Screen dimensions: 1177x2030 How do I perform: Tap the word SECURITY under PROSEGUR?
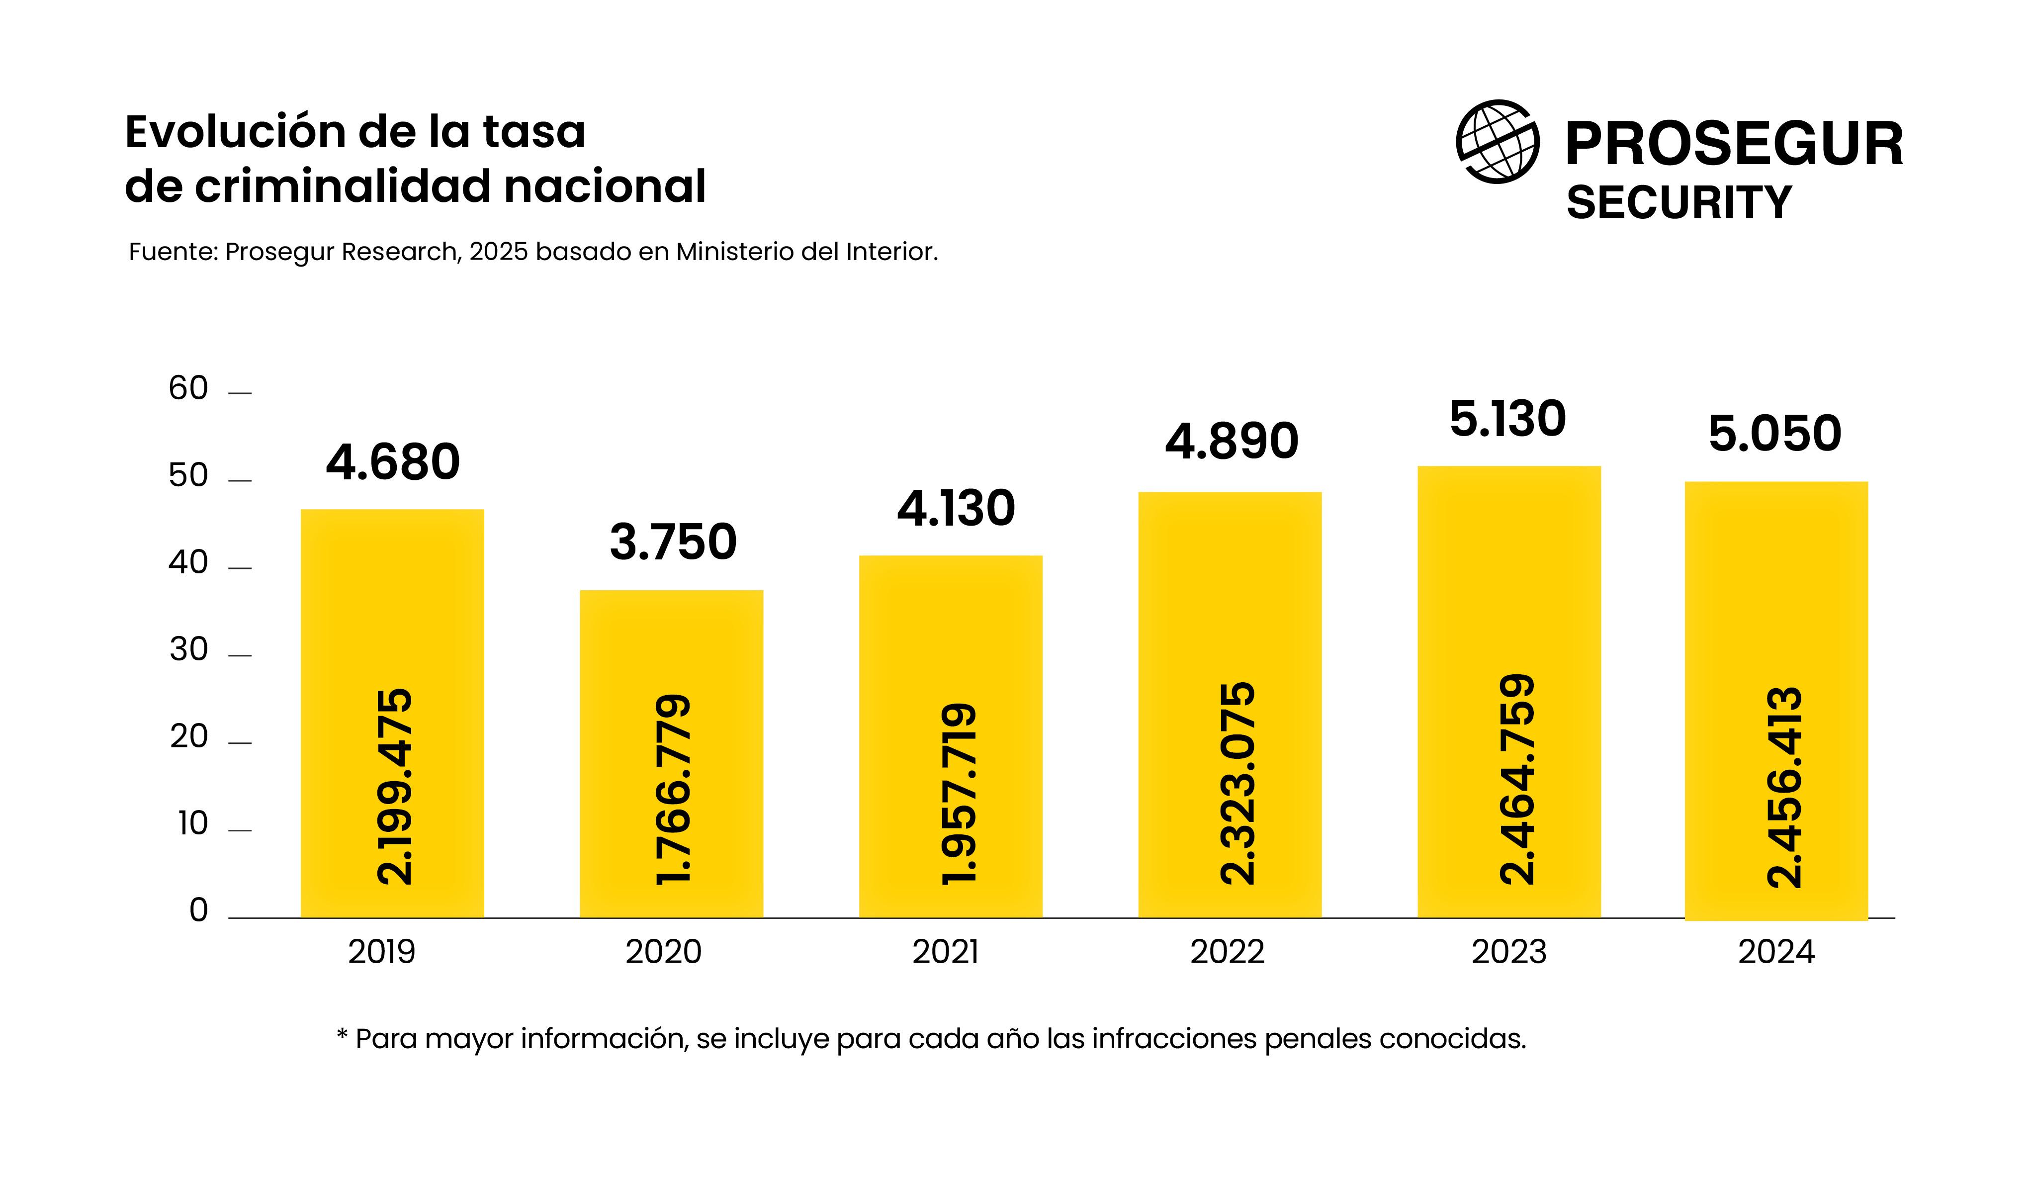pyautogui.click(x=1679, y=202)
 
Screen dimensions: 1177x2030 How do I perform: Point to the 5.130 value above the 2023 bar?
pyautogui.click(x=1507, y=420)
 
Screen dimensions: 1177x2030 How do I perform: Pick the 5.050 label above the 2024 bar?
pyautogui.click(x=1774, y=434)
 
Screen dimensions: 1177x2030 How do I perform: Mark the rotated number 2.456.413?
pyautogui.click(x=1783, y=787)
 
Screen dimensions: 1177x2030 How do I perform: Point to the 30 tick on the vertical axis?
pyautogui.click(x=188, y=649)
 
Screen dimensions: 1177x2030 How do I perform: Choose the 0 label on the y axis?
pyautogui.click(x=198, y=910)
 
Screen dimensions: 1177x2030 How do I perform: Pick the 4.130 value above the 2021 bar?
pyautogui.click(x=956, y=509)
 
